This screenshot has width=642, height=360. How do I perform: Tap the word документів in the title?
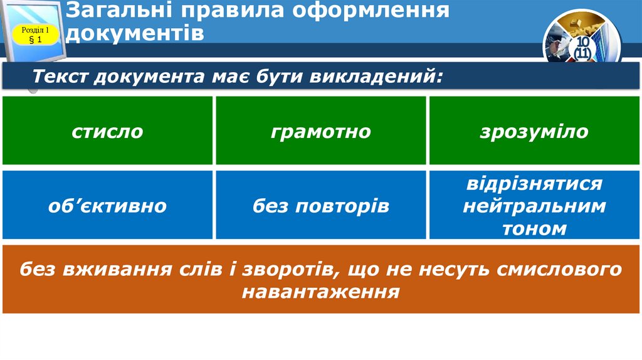[x=135, y=32]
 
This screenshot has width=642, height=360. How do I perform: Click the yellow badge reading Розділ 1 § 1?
[x=36, y=34]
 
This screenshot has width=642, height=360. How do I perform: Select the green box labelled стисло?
[x=107, y=131]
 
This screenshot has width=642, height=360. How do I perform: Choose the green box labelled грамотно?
[x=321, y=131]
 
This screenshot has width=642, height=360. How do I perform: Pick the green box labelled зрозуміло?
[x=534, y=131]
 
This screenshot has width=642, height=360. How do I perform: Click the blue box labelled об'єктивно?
[x=107, y=205]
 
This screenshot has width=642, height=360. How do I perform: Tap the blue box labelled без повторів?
[x=321, y=205]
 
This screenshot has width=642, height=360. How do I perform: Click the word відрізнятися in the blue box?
[x=534, y=184]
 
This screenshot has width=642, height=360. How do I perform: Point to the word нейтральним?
[x=534, y=206]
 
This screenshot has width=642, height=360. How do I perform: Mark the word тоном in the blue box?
[x=534, y=228]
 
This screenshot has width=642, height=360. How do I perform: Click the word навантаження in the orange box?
[x=321, y=292]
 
